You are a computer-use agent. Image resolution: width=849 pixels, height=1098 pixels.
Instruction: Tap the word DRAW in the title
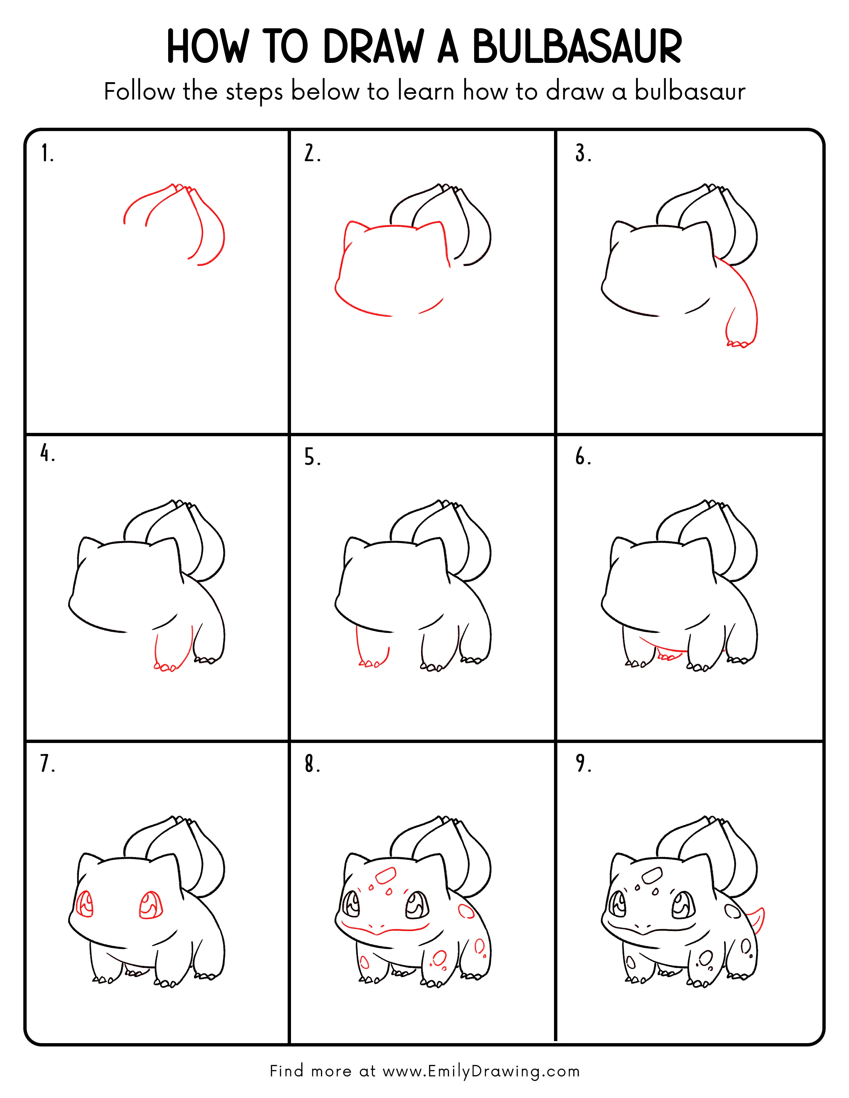373,47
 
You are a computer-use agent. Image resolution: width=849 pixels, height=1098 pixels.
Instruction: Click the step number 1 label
47,153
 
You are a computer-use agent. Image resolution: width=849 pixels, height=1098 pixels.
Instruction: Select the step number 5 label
312,457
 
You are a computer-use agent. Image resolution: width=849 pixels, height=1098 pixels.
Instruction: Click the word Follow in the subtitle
139,91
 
